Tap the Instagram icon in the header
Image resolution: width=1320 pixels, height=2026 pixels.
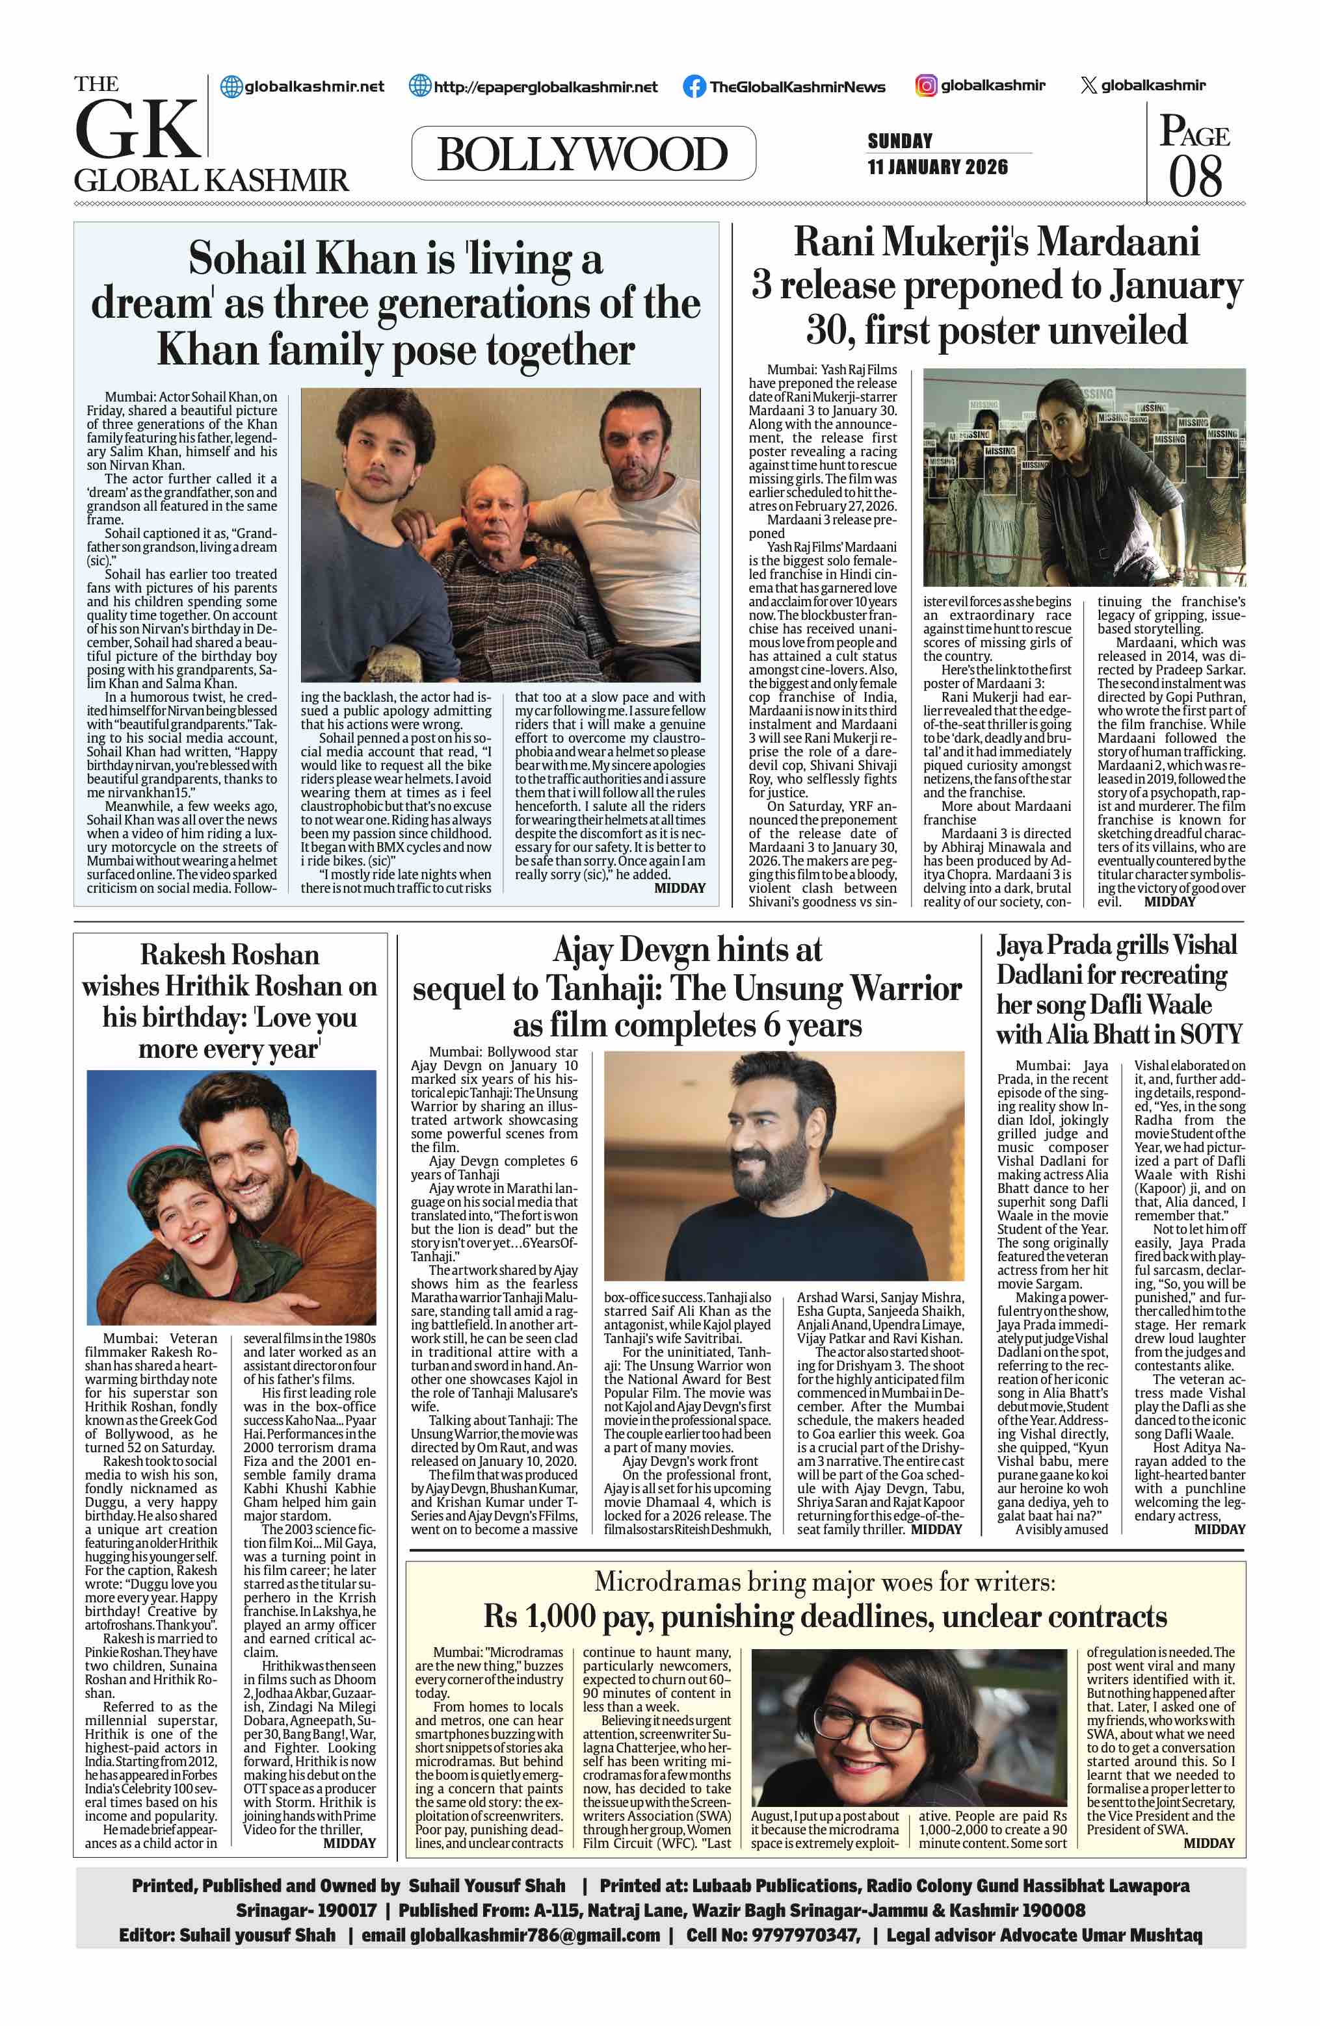[926, 86]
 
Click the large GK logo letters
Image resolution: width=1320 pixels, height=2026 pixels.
[137, 129]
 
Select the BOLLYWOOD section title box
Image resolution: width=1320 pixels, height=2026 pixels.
[583, 153]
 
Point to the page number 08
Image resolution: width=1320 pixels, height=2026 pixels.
[1196, 177]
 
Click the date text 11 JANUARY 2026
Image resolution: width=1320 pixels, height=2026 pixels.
[938, 167]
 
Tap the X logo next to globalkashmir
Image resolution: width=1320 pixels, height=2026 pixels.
[1089, 86]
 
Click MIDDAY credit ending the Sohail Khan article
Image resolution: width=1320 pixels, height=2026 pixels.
[680, 888]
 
